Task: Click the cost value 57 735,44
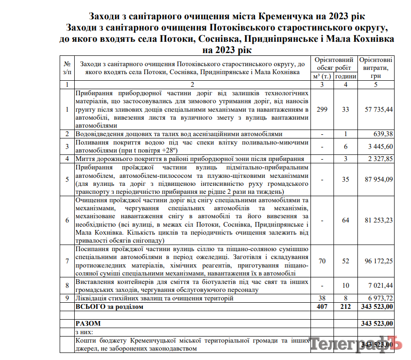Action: (379, 109)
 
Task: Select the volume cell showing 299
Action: (322, 109)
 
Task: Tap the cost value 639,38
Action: (383, 134)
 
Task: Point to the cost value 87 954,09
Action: (379, 179)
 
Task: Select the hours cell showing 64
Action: (345, 220)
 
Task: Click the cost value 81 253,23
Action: (379, 220)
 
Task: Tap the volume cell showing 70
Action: (322, 261)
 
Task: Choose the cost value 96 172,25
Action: (379, 261)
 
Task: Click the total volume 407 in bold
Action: (322, 306)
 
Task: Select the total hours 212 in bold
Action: (345, 306)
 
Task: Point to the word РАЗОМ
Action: (88, 323)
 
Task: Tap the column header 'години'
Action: (345, 76)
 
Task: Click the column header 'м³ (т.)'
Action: (322, 76)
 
